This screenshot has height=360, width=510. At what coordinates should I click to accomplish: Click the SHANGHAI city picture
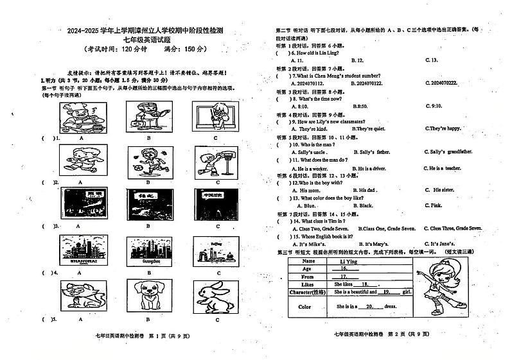point(82,250)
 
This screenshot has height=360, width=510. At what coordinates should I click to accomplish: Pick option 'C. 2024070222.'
point(447,83)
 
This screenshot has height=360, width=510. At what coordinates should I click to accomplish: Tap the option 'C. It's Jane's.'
point(443,243)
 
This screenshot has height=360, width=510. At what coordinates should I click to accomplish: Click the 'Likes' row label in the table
point(308,284)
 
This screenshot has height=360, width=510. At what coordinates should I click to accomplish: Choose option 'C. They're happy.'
point(443,128)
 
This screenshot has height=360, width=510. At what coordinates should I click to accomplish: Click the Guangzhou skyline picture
point(149,250)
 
